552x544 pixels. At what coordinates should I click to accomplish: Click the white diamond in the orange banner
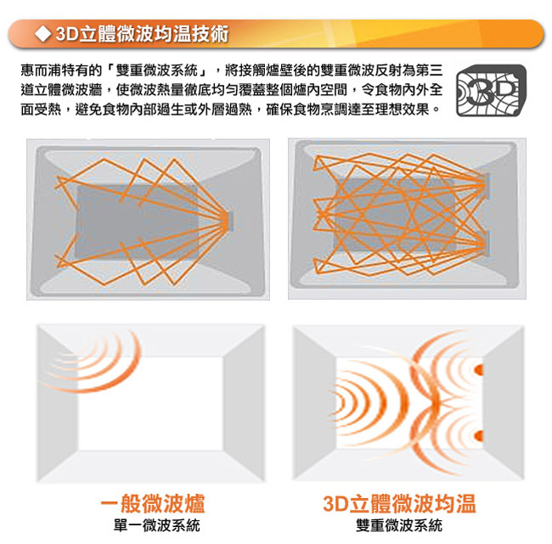[43, 34]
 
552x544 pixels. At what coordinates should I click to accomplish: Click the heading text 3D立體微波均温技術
[142, 34]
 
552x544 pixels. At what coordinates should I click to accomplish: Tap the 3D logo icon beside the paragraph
[491, 90]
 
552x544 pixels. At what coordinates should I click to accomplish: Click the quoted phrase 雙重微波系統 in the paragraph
[156, 70]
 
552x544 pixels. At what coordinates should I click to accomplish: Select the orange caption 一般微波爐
[153, 503]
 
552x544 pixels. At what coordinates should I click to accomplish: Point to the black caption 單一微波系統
[156, 525]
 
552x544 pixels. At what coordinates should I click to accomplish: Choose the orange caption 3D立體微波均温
[399, 503]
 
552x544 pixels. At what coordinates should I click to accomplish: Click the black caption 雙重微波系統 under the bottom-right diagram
[399, 525]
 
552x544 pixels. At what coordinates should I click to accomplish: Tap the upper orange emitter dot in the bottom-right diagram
[479, 370]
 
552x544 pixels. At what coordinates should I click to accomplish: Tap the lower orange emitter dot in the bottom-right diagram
[479, 436]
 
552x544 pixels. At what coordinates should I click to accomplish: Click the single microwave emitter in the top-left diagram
[229, 222]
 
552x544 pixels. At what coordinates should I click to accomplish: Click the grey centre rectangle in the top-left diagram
[138, 222]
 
